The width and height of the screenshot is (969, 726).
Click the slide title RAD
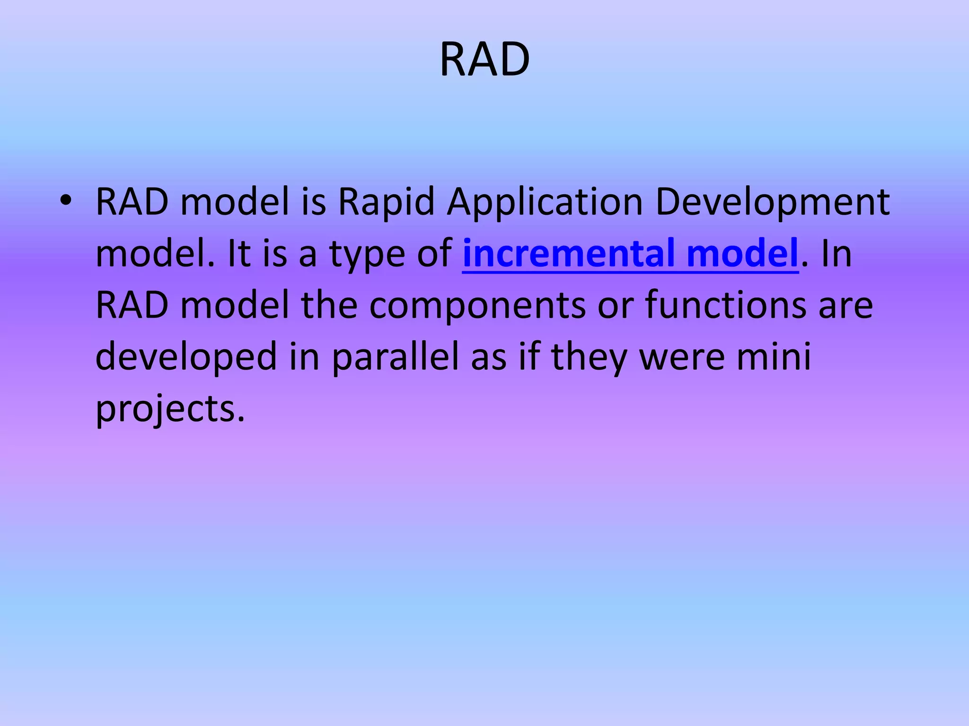[484, 60]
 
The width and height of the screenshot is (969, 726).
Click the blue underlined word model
[742, 253]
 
